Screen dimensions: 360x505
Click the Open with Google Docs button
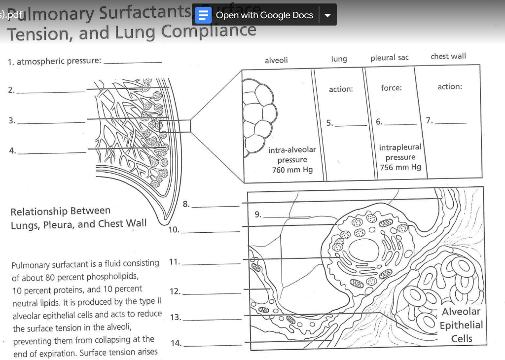pyautogui.click(x=264, y=15)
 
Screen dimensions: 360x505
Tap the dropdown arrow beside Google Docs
pyautogui.click(x=327, y=15)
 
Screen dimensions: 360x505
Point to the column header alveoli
pyautogui.click(x=276, y=60)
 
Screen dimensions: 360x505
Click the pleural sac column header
pyautogui.click(x=390, y=58)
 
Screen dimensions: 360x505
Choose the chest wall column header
pyautogui.click(x=448, y=56)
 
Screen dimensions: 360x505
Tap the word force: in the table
pyautogui.click(x=391, y=88)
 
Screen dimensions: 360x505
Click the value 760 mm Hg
pyautogui.click(x=292, y=170)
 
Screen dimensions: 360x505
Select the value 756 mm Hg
pyautogui.click(x=400, y=167)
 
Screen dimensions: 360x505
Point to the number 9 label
pyautogui.click(x=257, y=214)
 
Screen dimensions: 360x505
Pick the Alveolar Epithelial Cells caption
pyautogui.click(x=461, y=325)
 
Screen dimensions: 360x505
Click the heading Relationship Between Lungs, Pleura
pyautogui.click(x=78, y=217)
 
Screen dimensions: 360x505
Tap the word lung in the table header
pyautogui.click(x=339, y=59)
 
